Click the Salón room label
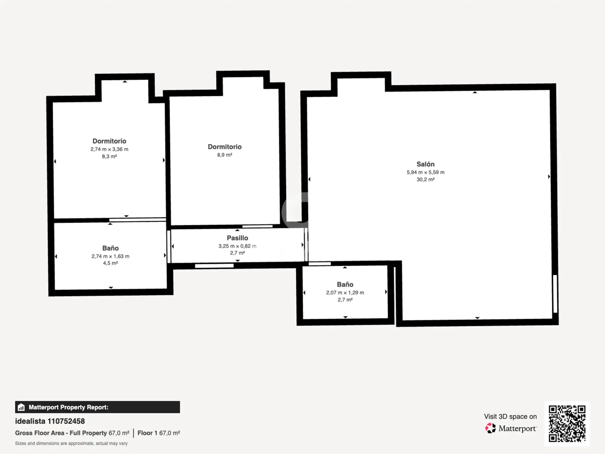pyautogui.click(x=425, y=164)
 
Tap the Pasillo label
pyautogui.click(x=238, y=238)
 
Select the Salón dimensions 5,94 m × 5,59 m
pyautogui.click(x=425, y=172)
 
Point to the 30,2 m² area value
pyautogui.click(x=425, y=179)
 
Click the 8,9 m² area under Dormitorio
pyautogui.click(x=225, y=155)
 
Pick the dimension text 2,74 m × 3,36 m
pyautogui.click(x=109, y=149)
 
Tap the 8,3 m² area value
pyautogui.click(x=109, y=156)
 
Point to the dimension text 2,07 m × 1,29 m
pyautogui.click(x=345, y=292)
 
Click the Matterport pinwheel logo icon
pyautogui.click(x=490, y=428)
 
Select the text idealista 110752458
pyautogui.click(x=50, y=421)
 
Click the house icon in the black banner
pyautogui.click(x=21, y=407)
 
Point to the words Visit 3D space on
pyautogui.click(x=510, y=416)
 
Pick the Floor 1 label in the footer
pyautogui.click(x=147, y=433)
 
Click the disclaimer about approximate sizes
pyautogui.click(x=71, y=443)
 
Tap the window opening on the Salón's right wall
pyautogui.click(x=555, y=294)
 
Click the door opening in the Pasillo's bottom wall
pyautogui.click(x=214, y=266)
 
